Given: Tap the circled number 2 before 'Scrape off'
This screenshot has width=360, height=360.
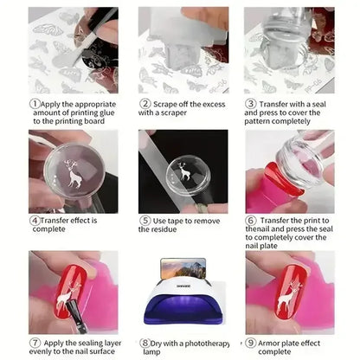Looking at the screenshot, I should (145, 100).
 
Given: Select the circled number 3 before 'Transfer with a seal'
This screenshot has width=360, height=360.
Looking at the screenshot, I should (251, 100).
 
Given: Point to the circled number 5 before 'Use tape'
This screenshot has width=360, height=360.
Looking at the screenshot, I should (145, 220).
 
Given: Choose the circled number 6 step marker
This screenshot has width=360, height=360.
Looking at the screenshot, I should (251, 220).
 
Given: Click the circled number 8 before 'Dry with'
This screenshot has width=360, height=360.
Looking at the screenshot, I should (145, 342).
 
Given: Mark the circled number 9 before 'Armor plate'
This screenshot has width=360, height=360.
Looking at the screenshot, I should (251, 342).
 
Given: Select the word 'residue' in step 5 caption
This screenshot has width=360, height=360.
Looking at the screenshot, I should (173, 231).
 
